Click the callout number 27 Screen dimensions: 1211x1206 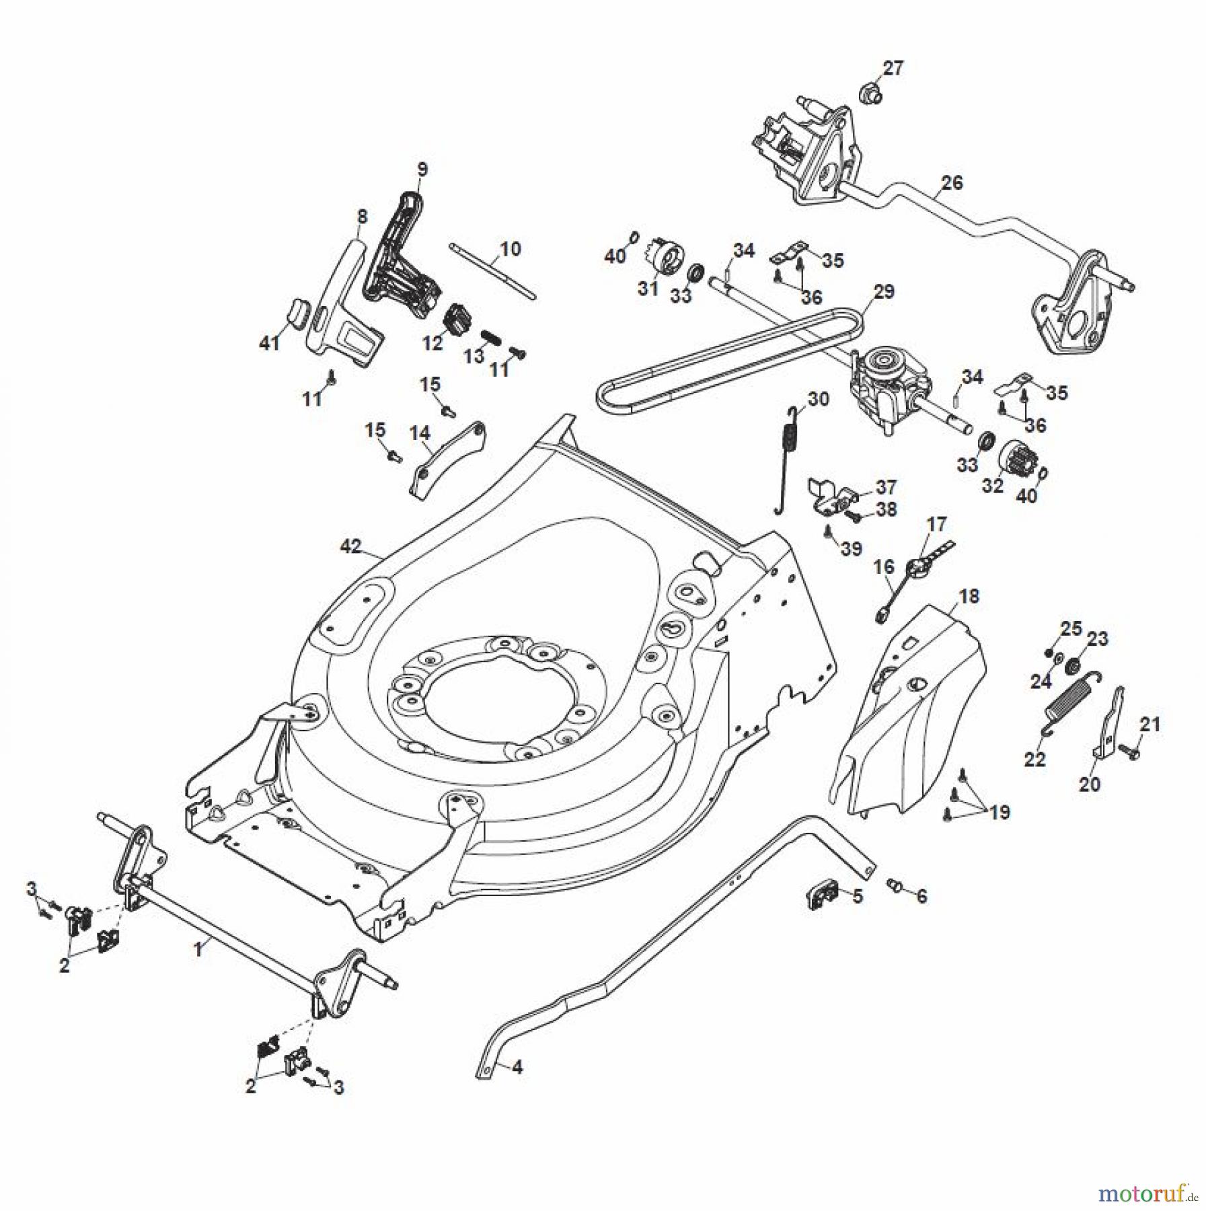[893, 68]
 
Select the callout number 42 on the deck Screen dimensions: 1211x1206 [350, 546]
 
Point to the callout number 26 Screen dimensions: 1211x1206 [952, 182]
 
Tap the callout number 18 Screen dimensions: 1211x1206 [969, 596]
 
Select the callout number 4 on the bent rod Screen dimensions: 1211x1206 [517, 1067]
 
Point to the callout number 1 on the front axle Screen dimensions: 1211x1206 [198, 950]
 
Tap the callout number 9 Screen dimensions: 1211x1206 [422, 169]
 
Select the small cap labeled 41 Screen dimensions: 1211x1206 [297, 313]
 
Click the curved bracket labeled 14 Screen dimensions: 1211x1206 [447, 459]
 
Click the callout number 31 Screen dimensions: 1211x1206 [647, 289]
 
